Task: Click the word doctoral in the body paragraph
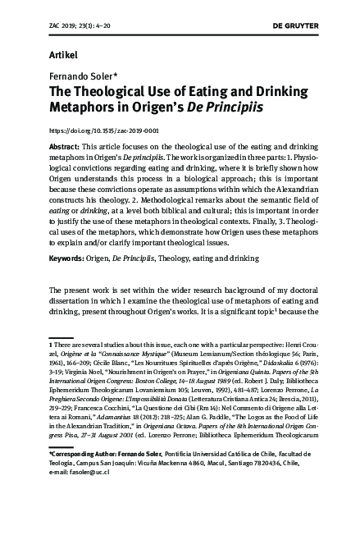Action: (294, 313)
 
